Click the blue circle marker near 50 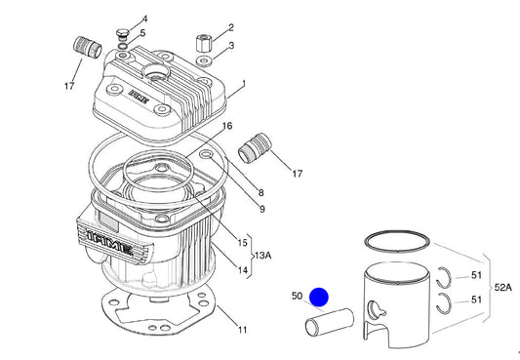tap(319, 297)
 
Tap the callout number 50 tap(297, 296)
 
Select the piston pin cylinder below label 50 tap(330, 322)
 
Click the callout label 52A tap(502, 288)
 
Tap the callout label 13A tap(262, 256)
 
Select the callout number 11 tap(242, 330)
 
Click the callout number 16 tap(227, 126)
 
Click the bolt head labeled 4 tap(122, 33)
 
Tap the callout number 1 tap(244, 83)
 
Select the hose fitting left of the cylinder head tap(88, 48)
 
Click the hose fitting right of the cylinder tap(255, 148)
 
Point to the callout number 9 tap(262, 209)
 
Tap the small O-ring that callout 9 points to tap(207, 154)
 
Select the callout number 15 tap(242, 243)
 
